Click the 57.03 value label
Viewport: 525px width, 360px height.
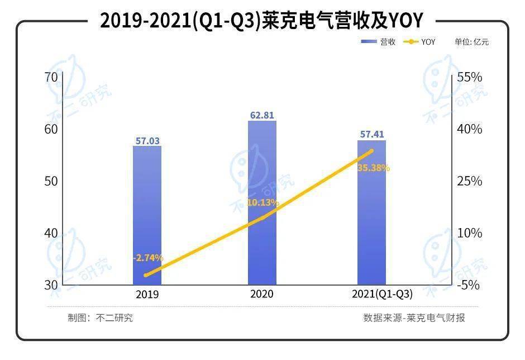[147, 141]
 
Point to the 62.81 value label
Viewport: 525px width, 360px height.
[262, 115]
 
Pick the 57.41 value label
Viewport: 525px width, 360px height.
[371, 134]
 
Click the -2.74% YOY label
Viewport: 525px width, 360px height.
[148, 258]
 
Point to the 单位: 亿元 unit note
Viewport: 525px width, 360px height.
[471, 42]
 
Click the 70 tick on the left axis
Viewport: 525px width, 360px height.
[51, 77]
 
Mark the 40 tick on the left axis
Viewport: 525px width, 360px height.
[51, 233]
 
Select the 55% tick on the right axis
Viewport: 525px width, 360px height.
[469, 77]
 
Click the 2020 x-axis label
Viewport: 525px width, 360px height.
[262, 293]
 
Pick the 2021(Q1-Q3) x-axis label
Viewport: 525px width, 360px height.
[371, 294]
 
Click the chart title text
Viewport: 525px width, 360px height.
[261, 21]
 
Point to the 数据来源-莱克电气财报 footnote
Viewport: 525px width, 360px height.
[414, 318]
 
